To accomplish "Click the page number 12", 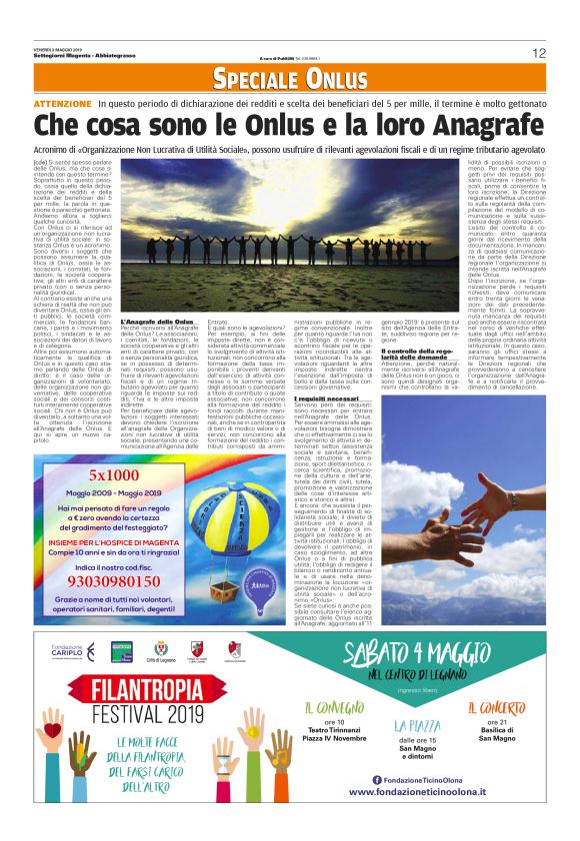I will click(539, 53).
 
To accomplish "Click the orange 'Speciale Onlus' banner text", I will click(290, 79).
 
